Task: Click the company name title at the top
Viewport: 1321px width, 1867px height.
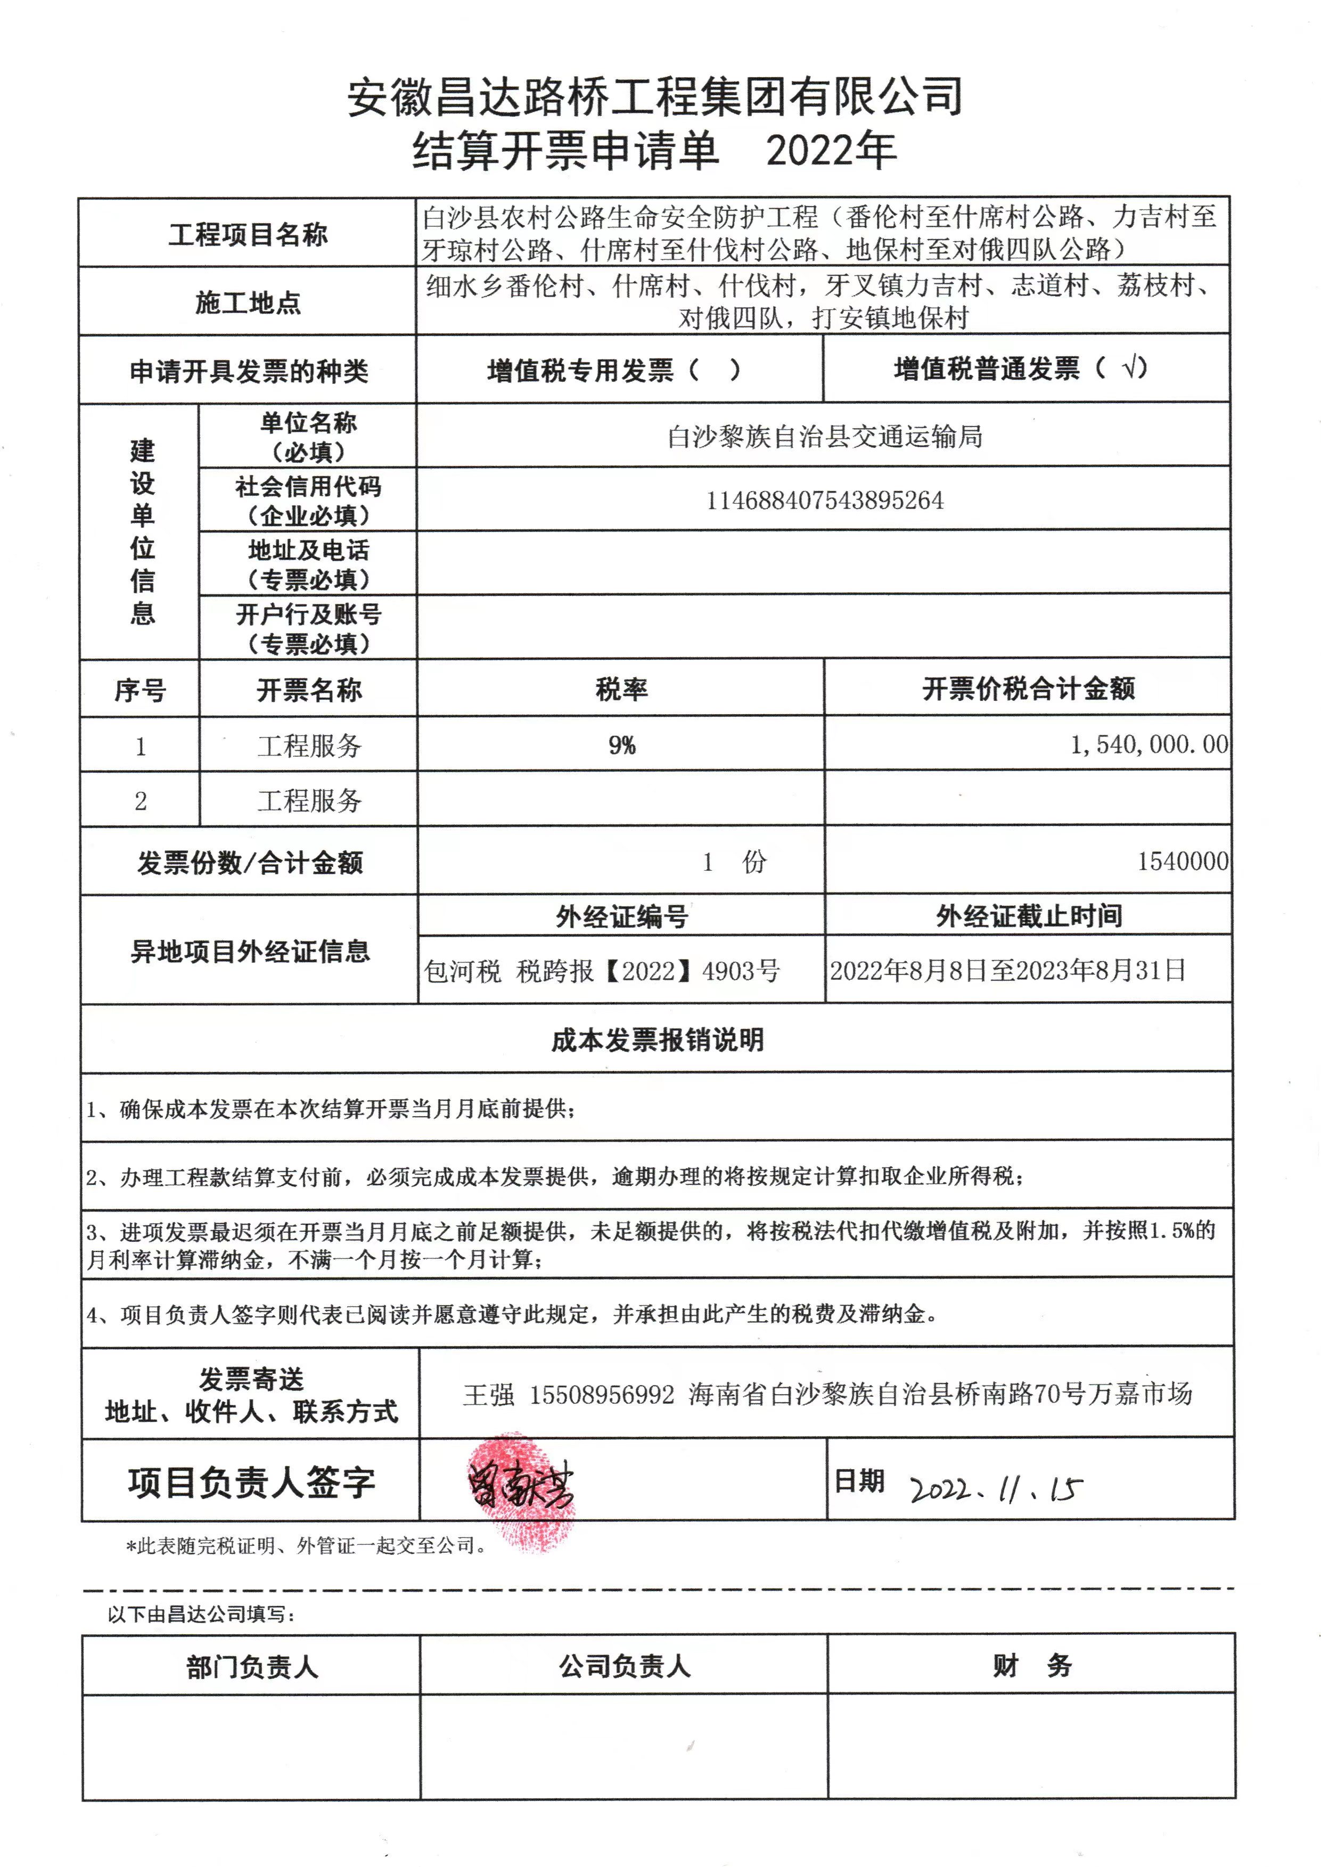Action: pyautogui.click(x=655, y=97)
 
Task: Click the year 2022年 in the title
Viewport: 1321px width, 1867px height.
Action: pyautogui.click(x=831, y=151)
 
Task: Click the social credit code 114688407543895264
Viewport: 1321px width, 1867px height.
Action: pyautogui.click(x=824, y=501)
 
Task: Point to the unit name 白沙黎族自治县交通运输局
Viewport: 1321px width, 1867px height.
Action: pyautogui.click(x=824, y=437)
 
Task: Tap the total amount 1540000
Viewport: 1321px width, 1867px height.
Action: pyautogui.click(x=1182, y=862)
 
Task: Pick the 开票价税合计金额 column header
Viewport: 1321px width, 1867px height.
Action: pyautogui.click(x=1028, y=689)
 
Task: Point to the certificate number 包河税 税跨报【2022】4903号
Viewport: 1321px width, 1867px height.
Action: pyautogui.click(x=602, y=971)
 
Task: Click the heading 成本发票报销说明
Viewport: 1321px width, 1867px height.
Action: pyautogui.click(x=657, y=1039)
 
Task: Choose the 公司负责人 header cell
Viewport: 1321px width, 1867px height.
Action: pyautogui.click(x=624, y=1666)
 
